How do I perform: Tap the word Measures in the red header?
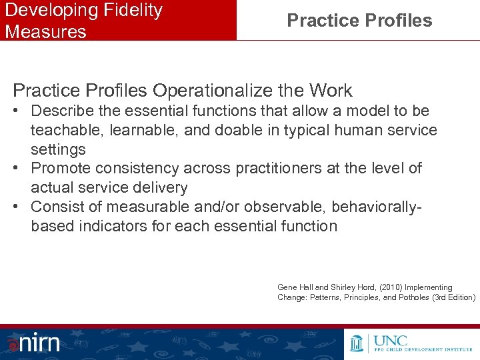45,31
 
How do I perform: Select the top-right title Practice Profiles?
359,21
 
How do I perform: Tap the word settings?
58,149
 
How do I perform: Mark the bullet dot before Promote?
18,169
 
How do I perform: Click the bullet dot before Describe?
18,111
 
